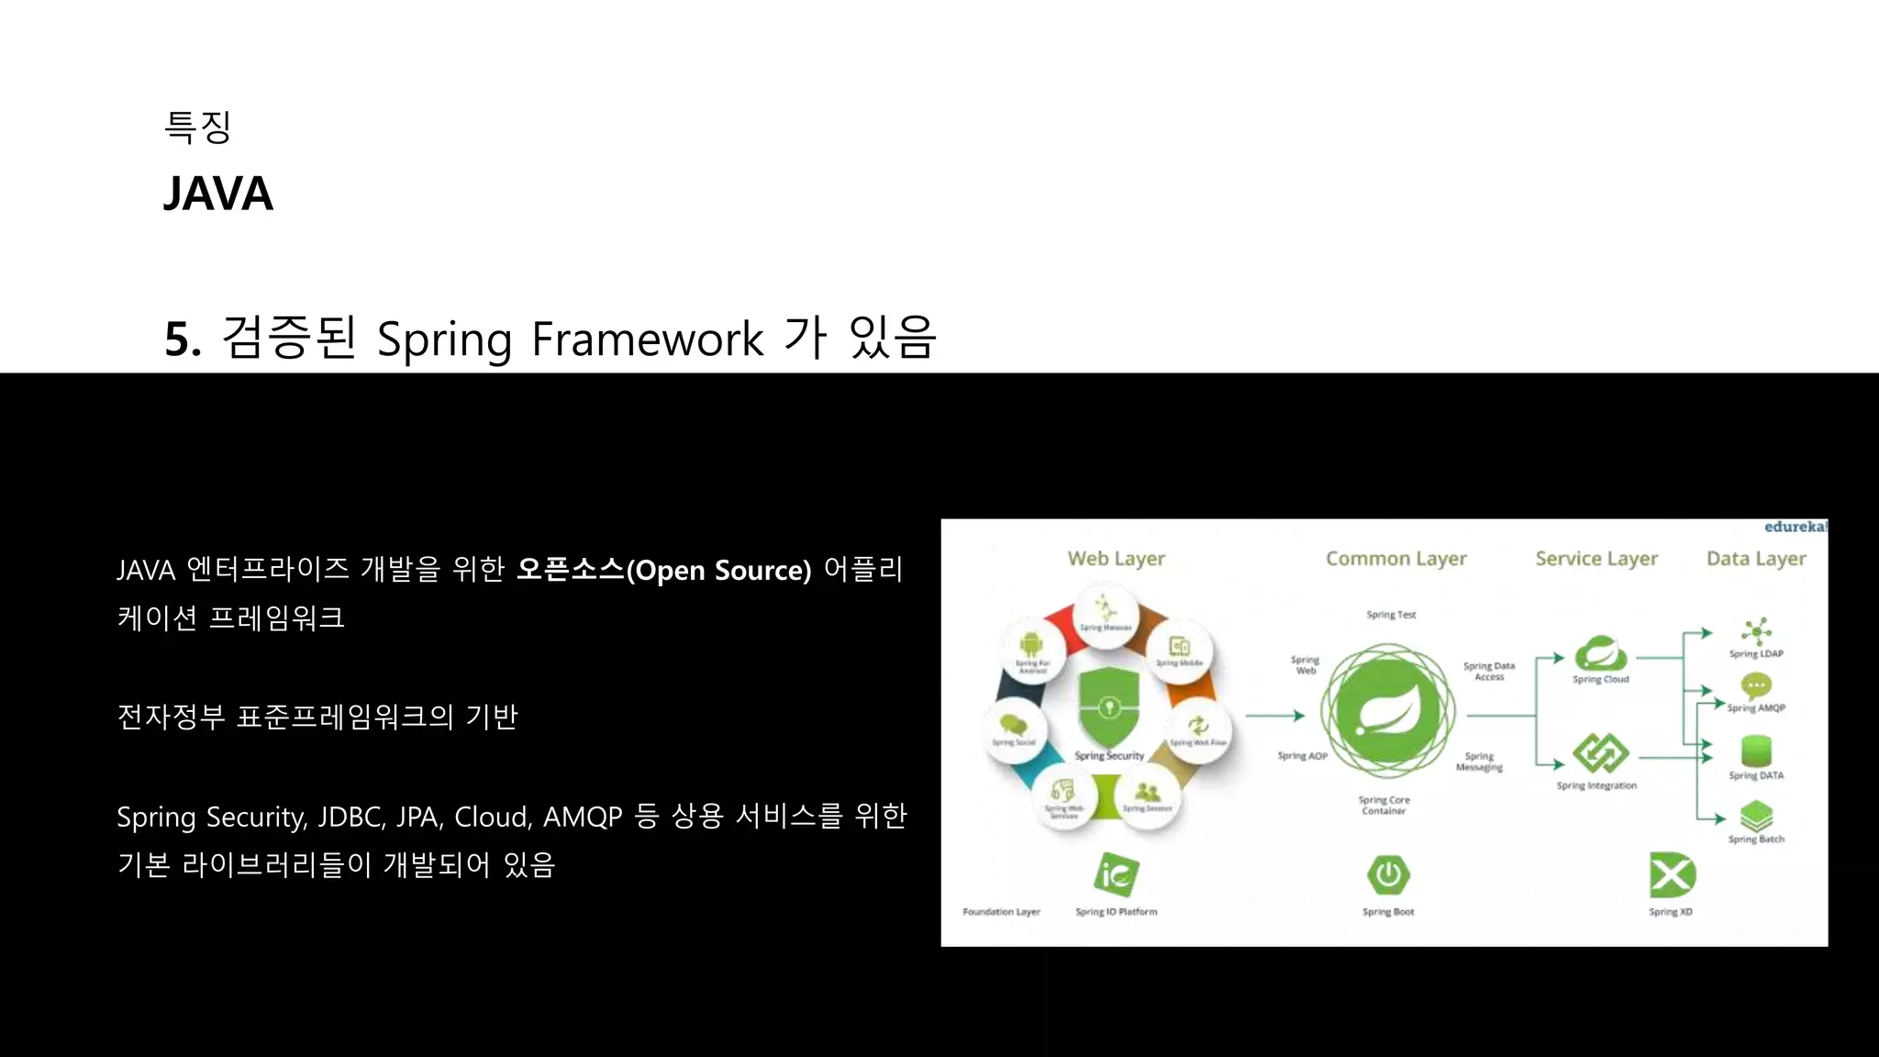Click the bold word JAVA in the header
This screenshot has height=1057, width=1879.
point(217,194)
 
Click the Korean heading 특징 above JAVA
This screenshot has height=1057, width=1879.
point(197,127)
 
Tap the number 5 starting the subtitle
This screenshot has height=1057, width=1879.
point(178,339)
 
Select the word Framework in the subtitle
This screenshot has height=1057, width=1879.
point(647,339)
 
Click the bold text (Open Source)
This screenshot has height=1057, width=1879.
point(718,570)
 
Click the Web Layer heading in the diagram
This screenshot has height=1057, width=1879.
point(1116,558)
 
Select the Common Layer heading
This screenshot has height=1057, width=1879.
point(1395,558)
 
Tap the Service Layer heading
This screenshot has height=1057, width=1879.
point(1596,558)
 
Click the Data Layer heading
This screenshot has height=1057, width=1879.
point(1756,558)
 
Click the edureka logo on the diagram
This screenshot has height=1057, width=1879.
point(1795,527)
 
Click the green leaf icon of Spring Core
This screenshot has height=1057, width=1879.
point(1387,712)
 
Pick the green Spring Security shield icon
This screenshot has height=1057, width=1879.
point(1108,707)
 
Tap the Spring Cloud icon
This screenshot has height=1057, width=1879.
point(1600,653)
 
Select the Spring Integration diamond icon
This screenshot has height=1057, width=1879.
point(1600,753)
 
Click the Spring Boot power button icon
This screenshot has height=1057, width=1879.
point(1387,874)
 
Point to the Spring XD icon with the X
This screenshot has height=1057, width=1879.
point(1671,874)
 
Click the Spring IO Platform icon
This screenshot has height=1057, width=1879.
point(1116,873)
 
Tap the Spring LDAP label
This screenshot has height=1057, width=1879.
point(1756,653)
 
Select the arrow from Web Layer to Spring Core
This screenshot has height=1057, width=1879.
point(1274,715)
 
